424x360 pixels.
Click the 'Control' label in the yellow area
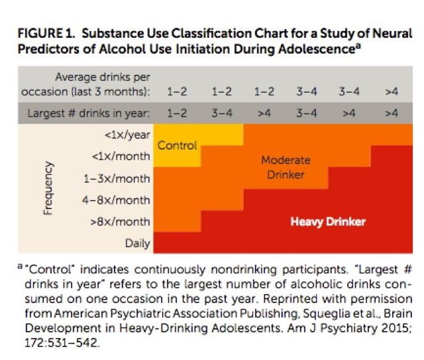click(177, 145)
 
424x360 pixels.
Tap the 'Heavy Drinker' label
click(328, 222)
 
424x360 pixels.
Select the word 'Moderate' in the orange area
click(286, 160)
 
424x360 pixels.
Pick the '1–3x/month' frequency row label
click(117, 179)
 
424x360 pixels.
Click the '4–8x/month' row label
click(117, 200)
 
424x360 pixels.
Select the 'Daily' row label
click(137, 243)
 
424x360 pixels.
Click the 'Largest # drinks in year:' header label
click(89, 112)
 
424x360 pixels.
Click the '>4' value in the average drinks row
click(391, 90)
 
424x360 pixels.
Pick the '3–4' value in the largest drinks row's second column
click(221, 112)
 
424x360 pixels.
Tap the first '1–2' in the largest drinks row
click(176, 112)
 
